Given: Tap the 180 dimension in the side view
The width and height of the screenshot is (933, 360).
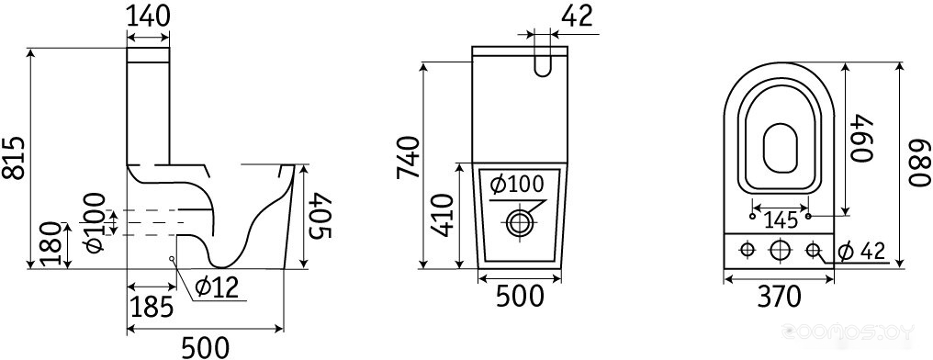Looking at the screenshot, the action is (52, 244).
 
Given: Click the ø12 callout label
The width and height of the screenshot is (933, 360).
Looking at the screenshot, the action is (216, 288).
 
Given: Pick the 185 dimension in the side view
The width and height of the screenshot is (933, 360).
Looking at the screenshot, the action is (152, 307).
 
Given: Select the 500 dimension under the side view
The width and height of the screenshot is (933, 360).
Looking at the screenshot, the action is (204, 346).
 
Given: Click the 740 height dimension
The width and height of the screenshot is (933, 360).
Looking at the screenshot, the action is (410, 158).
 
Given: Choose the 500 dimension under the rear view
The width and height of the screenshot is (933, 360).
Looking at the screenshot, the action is (520, 297).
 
